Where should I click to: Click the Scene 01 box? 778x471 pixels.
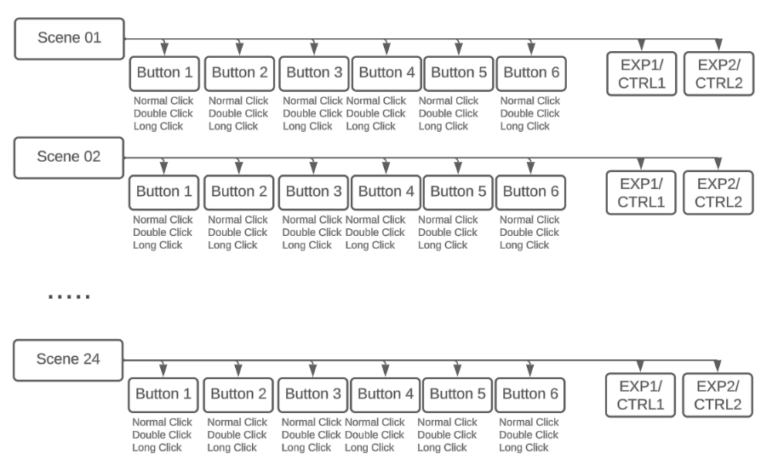[70, 38]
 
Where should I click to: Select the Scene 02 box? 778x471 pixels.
[69, 158]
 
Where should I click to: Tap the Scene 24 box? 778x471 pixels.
[68, 360]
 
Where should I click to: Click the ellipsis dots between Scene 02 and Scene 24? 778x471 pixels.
[69, 296]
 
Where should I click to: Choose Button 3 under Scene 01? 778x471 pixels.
[314, 73]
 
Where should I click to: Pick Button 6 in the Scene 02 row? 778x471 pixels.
[530, 192]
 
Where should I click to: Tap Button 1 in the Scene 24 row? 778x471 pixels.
[163, 395]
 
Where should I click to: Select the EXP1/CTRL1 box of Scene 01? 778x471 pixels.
[642, 74]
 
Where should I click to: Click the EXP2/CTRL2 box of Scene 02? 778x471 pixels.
[718, 193]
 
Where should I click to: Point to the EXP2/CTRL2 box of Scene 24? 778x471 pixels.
[718, 395]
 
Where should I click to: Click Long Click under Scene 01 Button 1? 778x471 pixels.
[158, 127]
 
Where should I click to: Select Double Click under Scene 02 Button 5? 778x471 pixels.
[448, 233]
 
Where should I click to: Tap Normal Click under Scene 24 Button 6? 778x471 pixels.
[529, 422]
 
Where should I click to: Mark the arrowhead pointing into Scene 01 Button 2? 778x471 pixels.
[239, 49]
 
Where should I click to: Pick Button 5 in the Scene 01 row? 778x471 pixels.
[459, 73]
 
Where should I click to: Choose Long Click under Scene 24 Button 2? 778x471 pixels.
[232, 448]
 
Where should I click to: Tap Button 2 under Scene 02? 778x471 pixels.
[238, 192]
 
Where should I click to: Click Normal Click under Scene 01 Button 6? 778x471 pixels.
[530, 101]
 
